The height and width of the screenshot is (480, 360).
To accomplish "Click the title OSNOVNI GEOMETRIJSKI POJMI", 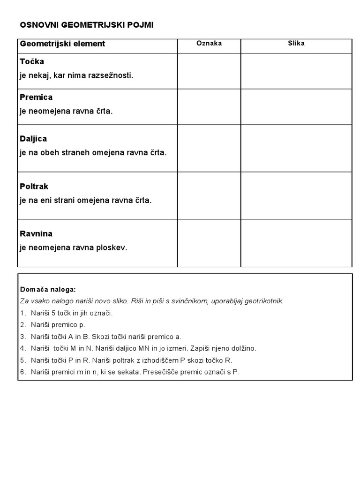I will pos(86,25).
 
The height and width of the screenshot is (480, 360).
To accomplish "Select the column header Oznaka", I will pos(209,44).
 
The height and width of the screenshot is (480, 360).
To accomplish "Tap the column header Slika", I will pos(296,44).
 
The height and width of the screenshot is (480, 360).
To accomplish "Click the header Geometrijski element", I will pos(62,44).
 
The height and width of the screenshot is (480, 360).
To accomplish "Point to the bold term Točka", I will pos(32,62).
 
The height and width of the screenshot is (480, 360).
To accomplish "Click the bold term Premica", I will pos(36,97).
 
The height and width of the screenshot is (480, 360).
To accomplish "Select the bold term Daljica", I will pos(33,139).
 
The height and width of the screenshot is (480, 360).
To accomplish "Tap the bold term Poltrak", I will pos(34,187).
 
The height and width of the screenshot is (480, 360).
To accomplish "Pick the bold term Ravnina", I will pos(36,233).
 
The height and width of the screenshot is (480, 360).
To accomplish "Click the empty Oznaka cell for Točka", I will pos(209,71).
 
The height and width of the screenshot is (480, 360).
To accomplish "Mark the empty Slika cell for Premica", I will pos(296,106).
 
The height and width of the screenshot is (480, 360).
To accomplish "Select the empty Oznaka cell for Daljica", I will pos(209,148).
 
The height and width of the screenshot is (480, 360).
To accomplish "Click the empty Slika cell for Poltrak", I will pos(296,195).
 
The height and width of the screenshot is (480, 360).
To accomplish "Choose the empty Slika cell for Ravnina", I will pos(296,243).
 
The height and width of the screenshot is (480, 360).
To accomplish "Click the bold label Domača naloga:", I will pos(48,290).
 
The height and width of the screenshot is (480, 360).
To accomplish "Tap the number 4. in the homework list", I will pos(23,348).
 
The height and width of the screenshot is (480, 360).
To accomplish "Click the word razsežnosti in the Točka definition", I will pos(112,75).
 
